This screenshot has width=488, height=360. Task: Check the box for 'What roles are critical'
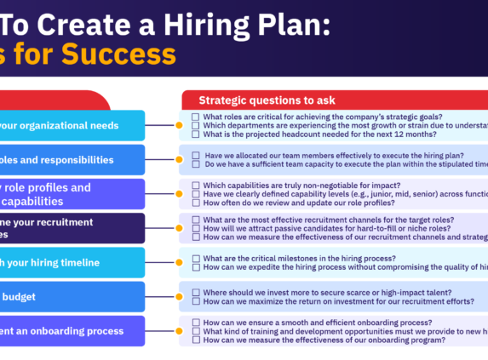pyautogui.click(x=196, y=117)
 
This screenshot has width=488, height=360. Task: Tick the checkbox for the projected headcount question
pyautogui.click(x=196, y=134)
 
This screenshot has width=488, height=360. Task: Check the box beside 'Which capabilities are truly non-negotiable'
pyautogui.click(x=196, y=186)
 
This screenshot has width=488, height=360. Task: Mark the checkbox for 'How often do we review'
pyautogui.click(x=196, y=203)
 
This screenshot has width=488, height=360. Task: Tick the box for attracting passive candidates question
pyautogui.click(x=196, y=228)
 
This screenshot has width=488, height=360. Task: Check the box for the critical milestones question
pyautogui.click(x=196, y=258)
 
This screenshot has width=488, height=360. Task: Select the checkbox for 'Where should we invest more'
pyautogui.click(x=196, y=292)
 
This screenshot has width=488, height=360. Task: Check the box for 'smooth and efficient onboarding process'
pyautogui.click(x=196, y=323)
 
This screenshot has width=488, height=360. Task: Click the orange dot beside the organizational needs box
pyautogui.click(x=179, y=125)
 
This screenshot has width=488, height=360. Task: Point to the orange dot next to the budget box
pyautogui.click(x=179, y=296)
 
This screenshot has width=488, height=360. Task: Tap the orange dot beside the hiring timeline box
pyautogui.click(x=179, y=262)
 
